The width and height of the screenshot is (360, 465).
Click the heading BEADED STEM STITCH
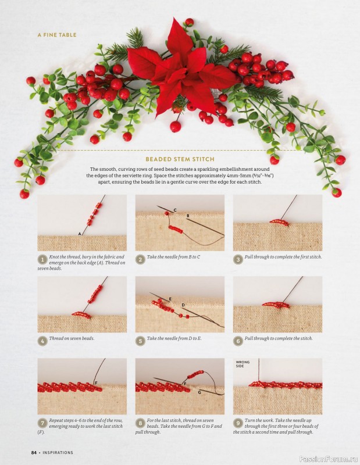point(180,159)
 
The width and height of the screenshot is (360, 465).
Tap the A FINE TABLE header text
point(57,35)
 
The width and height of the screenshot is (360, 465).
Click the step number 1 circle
point(42,260)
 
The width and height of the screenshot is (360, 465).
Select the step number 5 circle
point(140,341)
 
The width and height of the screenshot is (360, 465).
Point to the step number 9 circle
point(238,423)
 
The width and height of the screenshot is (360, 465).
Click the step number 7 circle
point(42,423)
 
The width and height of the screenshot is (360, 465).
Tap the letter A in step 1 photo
point(80,234)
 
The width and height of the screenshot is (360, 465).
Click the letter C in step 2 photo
point(175,210)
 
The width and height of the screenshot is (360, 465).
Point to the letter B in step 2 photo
point(188,216)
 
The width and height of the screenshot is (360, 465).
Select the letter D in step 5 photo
point(183,305)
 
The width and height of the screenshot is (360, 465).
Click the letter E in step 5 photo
point(170,299)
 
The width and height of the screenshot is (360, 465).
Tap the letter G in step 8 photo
point(199,392)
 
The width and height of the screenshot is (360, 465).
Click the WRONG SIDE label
point(243,364)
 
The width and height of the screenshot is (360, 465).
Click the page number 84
point(34,453)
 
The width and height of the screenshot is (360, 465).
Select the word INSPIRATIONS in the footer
point(58,453)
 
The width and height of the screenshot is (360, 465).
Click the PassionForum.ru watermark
point(329,459)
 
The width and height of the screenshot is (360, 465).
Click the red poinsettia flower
point(181,71)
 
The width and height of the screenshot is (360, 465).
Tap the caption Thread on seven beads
point(72,338)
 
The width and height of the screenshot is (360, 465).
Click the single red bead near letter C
point(167,213)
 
